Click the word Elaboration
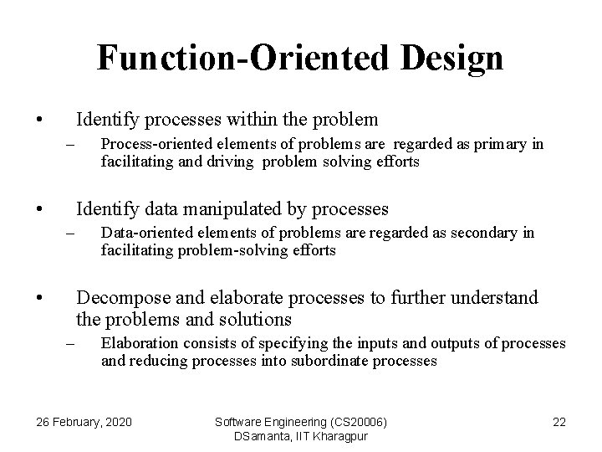click(138, 344)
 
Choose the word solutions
click(253, 319)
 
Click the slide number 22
click(559, 422)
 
